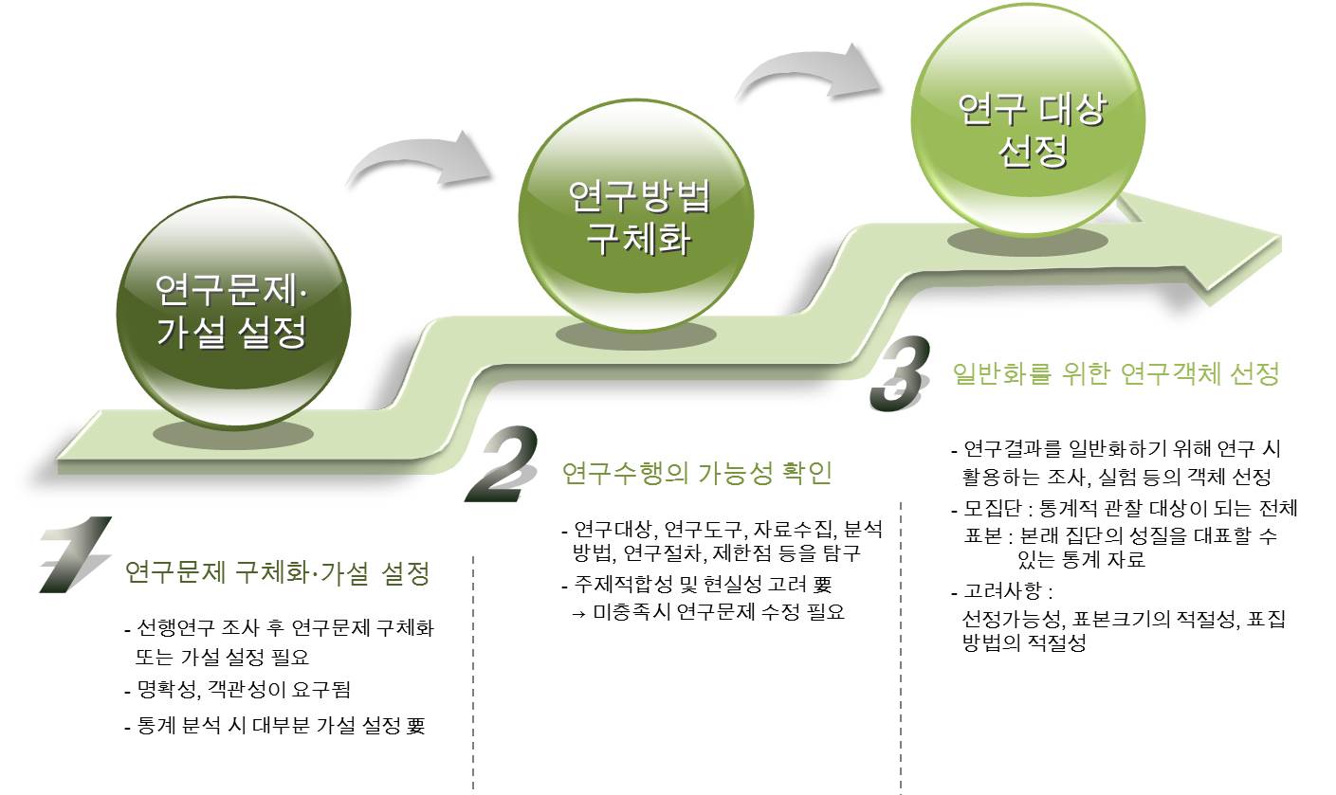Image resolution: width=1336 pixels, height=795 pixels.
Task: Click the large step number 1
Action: click(76, 555)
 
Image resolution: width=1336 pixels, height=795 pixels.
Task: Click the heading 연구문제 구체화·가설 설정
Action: click(278, 573)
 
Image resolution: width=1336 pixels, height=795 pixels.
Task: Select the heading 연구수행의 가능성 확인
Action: click(696, 472)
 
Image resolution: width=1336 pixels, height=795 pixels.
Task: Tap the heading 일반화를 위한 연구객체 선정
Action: click(1115, 374)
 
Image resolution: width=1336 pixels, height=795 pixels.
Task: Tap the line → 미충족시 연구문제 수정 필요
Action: click(707, 611)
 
